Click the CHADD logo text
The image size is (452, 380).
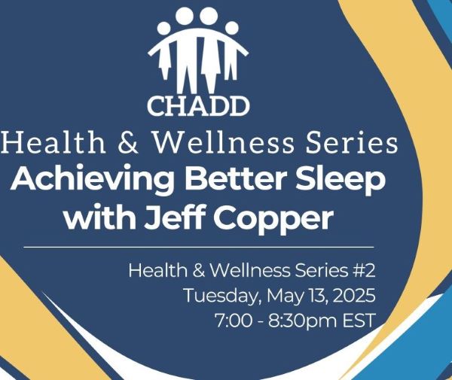pyautogui.click(x=198, y=106)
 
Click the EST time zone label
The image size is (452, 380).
pyautogui.click(x=359, y=321)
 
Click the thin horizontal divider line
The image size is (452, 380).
pyautogui.click(x=198, y=247)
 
